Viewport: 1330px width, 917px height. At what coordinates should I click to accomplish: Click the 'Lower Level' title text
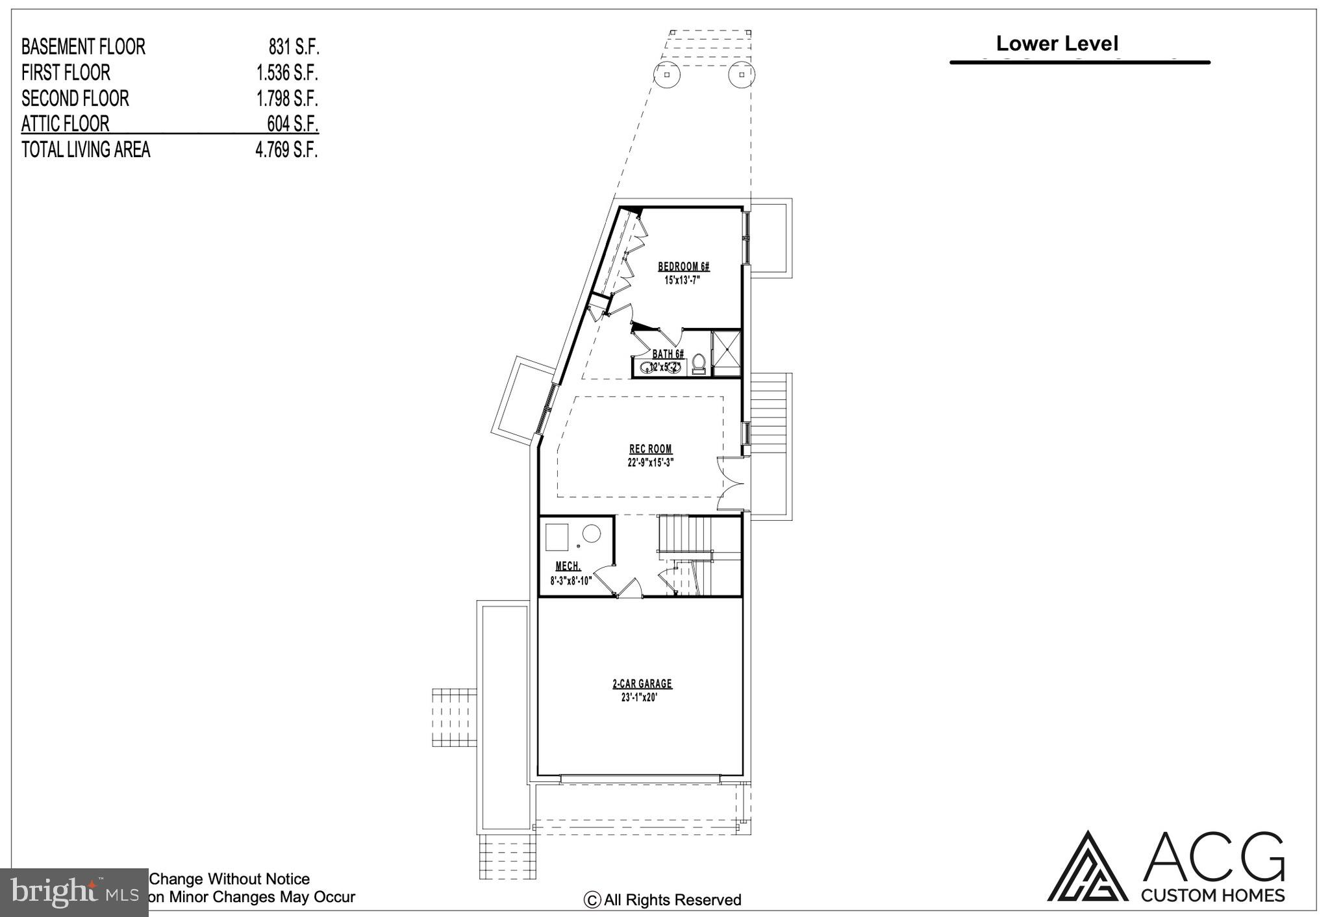point(1057,44)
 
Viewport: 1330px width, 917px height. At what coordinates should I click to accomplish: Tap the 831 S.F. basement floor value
point(294,47)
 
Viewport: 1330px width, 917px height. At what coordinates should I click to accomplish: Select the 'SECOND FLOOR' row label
point(75,98)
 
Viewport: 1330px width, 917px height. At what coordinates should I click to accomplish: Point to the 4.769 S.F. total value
point(286,150)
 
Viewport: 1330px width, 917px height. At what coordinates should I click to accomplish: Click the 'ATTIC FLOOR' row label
point(65,123)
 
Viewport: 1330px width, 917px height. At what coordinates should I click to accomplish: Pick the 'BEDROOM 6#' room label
point(683,266)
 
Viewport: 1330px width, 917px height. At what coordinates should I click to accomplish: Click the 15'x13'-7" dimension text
point(682,281)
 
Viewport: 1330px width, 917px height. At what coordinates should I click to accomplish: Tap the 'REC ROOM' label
point(650,449)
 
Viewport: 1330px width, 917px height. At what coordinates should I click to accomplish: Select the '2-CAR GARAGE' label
point(642,684)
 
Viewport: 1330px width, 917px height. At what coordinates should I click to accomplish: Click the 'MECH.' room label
point(568,566)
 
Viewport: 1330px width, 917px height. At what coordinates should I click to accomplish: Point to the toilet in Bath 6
point(699,363)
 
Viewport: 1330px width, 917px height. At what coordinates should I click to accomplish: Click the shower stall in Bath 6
point(726,353)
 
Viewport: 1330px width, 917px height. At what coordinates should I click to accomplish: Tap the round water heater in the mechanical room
point(591,534)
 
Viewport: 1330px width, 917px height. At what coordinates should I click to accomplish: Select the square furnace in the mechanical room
point(557,536)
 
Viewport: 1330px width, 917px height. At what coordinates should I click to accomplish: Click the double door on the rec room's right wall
point(732,483)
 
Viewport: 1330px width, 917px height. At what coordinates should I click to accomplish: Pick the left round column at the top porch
point(667,75)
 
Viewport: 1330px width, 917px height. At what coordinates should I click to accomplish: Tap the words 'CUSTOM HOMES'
point(1212,896)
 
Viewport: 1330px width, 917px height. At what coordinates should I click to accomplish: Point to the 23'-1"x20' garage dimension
point(640,697)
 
